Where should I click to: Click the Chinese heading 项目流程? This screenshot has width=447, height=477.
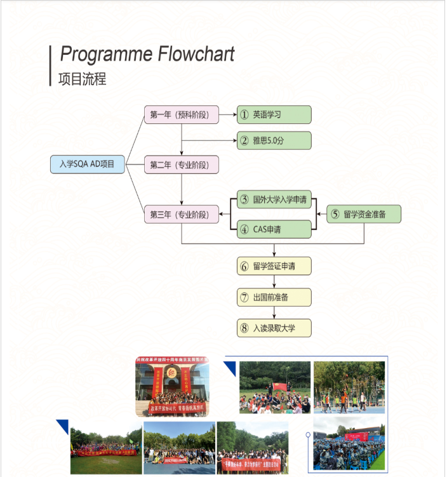[x=82, y=79]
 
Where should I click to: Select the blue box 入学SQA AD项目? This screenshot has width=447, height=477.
[x=87, y=165]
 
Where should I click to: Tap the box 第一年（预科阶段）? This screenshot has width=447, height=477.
[x=182, y=115]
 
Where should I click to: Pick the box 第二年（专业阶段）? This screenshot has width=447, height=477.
[x=182, y=165]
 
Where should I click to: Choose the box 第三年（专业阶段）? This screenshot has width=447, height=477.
[x=182, y=215]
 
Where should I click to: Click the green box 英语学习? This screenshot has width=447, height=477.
[x=274, y=115]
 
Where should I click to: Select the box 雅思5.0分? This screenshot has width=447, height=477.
[x=274, y=140]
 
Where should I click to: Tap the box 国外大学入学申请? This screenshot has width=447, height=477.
[x=274, y=200]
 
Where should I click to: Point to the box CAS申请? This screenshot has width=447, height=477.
[x=274, y=229]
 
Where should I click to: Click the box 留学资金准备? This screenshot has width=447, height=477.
[x=364, y=215]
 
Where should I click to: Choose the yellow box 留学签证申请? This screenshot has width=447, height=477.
[x=274, y=266]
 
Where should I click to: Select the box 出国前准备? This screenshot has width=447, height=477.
[x=274, y=297]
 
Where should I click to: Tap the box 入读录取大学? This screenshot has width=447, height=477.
[x=274, y=328]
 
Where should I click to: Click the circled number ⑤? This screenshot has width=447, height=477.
[x=335, y=215]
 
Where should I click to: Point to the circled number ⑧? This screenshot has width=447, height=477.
[x=244, y=328]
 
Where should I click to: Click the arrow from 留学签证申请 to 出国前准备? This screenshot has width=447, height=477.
[x=274, y=281]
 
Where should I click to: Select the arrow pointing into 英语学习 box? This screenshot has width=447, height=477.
[x=228, y=115]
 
